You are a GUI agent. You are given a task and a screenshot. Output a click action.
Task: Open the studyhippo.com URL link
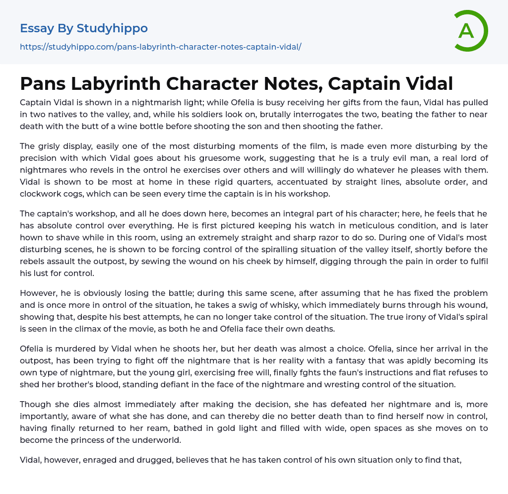click(x=160, y=47)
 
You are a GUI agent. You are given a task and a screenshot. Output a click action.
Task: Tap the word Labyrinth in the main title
click(x=116, y=83)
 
